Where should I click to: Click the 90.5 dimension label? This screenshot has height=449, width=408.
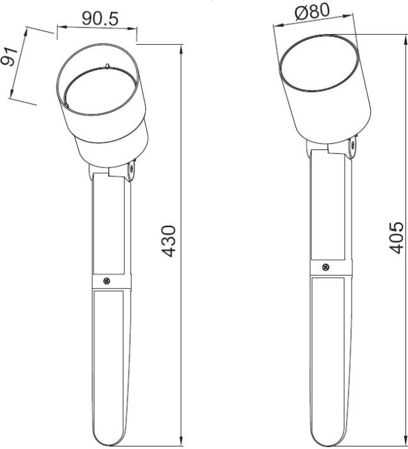[x=100, y=19]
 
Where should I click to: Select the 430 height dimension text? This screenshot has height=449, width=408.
[x=168, y=241]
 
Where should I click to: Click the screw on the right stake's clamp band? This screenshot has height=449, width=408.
[x=325, y=267]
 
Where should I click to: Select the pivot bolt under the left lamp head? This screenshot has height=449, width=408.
[x=131, y=171]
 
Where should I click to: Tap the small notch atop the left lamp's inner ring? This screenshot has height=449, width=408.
[x=108, y=65]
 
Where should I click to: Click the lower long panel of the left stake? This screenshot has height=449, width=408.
[x=110, y=359]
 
